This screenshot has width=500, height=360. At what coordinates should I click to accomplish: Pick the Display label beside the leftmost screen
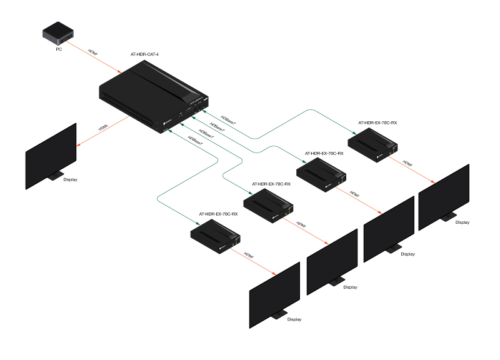(x=71, y=180)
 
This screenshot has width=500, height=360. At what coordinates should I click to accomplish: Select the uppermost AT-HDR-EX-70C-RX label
(x=377, y=123)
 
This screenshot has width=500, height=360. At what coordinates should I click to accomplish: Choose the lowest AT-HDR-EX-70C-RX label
(x=218, y=214)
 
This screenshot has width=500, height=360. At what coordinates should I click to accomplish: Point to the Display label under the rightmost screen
(x=462, y=222)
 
